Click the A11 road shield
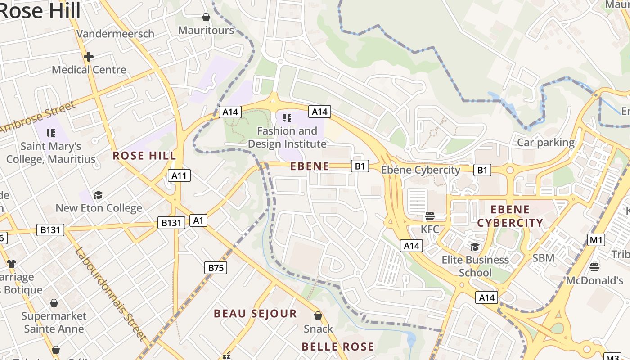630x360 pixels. click(179, 175)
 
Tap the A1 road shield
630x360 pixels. click(198, 220)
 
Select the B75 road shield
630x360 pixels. click(216, 268)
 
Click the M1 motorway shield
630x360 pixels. click(596, 240)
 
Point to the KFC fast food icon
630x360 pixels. click(429, 216)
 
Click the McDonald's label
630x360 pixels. click(594, 280)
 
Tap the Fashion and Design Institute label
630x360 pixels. click(287, 137)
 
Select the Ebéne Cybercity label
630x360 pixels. click(421, 170)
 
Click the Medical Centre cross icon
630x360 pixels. click(89, 57)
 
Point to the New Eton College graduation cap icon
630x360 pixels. click(98, 195)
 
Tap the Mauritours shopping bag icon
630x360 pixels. click(206, 17)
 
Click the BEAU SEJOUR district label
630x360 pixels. click(255, 314)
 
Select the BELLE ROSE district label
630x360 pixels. click(337, 346)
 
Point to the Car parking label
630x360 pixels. click(546, 143)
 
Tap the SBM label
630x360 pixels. click(543, 258)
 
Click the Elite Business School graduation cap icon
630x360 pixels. click(475, 247)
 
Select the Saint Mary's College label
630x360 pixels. click(51, 153)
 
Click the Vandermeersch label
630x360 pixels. click(115, 34)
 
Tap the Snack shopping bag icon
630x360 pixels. click(318, 315)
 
